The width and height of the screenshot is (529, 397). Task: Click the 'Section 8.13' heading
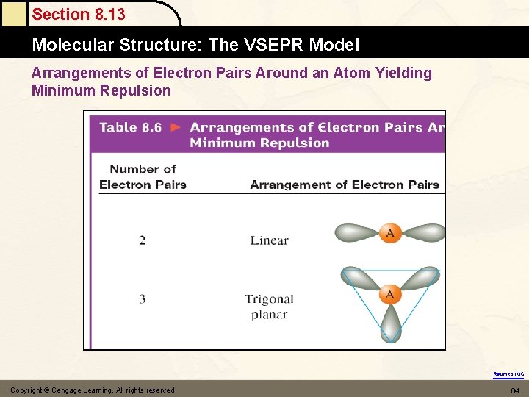79,14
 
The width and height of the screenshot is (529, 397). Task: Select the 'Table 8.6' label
130,127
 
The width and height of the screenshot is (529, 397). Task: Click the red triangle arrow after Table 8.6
176,127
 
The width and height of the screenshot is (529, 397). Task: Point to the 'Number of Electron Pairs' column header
143,177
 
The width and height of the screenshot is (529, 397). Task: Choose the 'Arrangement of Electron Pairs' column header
344,185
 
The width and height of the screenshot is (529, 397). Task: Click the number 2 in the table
143,240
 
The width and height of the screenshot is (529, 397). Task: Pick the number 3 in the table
143,299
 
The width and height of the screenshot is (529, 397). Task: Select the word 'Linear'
269,240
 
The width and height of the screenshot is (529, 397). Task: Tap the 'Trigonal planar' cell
269,307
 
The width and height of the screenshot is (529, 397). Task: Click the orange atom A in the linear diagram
389,233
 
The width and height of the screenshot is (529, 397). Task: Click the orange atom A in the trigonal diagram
389,295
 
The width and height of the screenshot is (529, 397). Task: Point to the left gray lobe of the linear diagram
357,233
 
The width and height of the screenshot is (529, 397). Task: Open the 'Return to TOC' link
508,374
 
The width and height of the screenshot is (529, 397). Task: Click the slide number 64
515,390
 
